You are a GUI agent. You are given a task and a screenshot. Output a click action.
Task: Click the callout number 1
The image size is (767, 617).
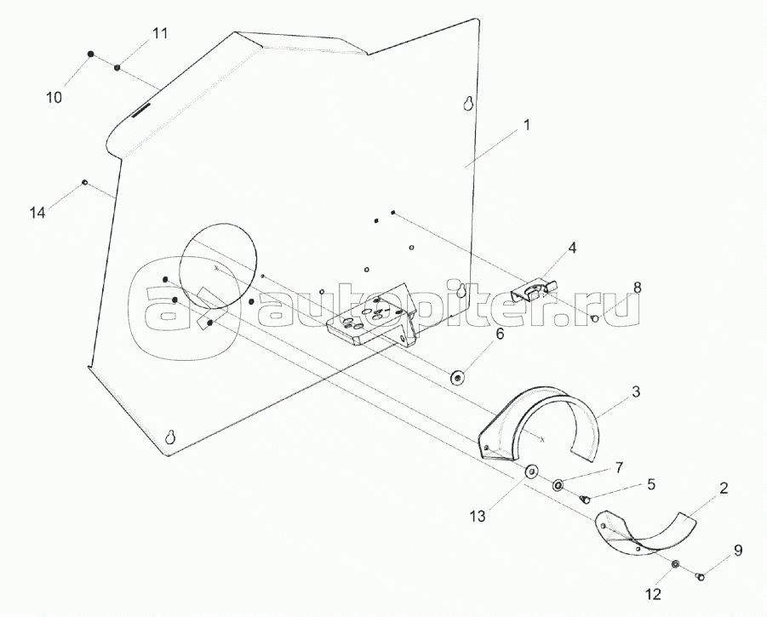(x=527, y=125)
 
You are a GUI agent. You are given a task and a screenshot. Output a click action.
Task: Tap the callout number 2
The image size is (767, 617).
(x=723, y=488)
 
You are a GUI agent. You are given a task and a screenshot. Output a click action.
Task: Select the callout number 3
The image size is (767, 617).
(x=635, y=391)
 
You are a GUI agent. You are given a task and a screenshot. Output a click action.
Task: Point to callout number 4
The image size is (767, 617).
(x=572, y=249)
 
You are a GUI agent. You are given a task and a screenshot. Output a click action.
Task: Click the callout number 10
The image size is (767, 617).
(x=54, y=98)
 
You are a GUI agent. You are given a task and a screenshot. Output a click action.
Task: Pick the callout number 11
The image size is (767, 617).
(x=160, y=34)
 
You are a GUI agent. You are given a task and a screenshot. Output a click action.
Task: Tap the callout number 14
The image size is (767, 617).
(x=37, y=213)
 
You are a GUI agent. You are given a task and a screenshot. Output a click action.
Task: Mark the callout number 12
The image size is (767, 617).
(x=652, y=594)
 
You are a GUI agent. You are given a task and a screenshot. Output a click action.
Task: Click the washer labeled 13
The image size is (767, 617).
(x=532, y=471)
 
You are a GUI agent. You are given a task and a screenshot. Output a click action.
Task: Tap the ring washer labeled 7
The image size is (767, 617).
(x=559, y=484)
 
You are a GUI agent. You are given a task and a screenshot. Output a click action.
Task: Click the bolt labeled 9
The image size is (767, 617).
(x=701, y=578)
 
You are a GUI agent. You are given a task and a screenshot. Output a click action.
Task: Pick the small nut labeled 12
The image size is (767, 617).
(x=675, y=564)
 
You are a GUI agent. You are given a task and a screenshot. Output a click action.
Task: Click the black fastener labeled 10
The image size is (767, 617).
(x=90, y=54)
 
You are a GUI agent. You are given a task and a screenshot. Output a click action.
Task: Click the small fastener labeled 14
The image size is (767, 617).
(x=84, y=181)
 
